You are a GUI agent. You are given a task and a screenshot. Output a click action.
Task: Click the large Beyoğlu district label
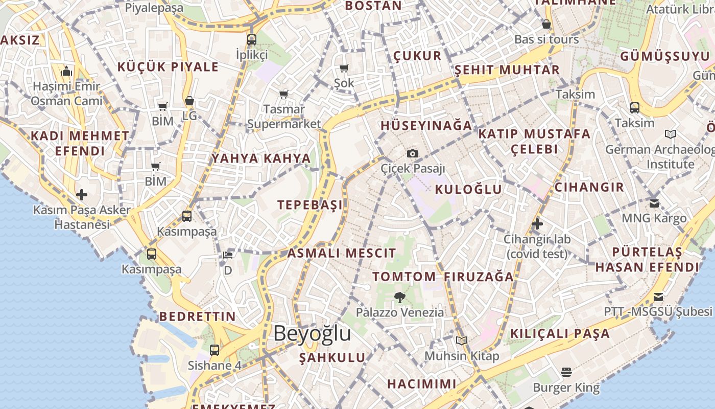312,333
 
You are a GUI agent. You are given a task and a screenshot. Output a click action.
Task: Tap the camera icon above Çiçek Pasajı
413,153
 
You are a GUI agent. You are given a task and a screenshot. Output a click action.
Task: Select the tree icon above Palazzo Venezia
400,297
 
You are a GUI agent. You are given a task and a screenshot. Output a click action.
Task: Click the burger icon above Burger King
566,372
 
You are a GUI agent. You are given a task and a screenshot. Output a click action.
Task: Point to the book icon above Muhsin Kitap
462,340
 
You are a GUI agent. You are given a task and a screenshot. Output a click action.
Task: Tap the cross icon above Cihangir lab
537,223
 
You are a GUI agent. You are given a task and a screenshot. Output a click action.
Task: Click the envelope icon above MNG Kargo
654,203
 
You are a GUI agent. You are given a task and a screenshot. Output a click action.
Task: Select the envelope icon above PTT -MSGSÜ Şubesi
658,297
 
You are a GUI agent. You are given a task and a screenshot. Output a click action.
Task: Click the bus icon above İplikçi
252,39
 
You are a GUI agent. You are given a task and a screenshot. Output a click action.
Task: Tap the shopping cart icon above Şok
344,68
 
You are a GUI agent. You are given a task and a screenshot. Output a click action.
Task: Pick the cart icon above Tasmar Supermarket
284,94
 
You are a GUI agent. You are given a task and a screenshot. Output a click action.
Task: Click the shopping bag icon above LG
189,101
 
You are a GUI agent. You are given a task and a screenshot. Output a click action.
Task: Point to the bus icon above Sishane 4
214,350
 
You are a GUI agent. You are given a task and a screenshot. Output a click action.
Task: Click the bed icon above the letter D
228,255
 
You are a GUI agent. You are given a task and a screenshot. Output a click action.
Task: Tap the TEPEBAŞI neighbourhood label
310,205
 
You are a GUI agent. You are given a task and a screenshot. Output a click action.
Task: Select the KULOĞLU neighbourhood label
468,189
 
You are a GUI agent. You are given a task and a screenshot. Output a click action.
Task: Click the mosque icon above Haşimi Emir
66,71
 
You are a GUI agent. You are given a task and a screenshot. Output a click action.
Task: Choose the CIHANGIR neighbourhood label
589,187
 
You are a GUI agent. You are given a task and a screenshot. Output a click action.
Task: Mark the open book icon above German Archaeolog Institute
671,134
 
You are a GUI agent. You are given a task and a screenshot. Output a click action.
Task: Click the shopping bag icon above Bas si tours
546,24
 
